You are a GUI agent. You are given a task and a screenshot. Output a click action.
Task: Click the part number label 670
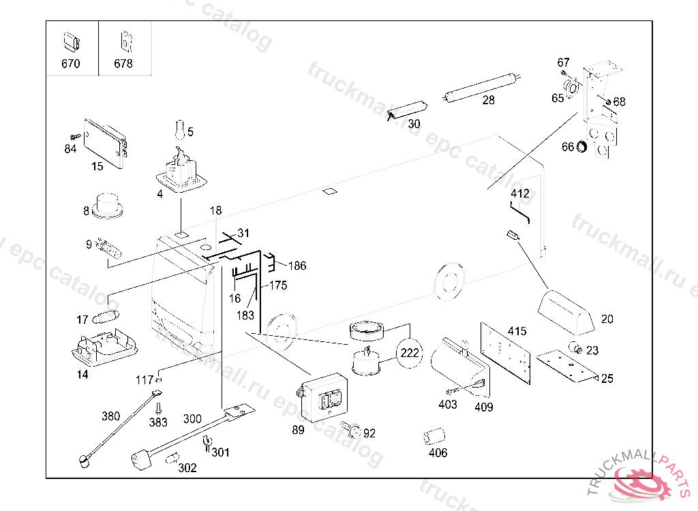coord(70,64)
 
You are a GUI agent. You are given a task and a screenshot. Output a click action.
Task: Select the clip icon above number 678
coord(125,40)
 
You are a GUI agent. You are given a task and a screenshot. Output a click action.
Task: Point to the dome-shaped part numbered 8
coord(106,205)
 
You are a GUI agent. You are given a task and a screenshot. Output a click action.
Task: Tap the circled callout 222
coord(410,354)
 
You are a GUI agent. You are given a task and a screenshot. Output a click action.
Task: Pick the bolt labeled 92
coord(353,430)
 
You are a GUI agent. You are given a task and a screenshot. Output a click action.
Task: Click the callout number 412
coord(519,193)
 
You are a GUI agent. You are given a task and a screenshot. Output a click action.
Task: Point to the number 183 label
coord(245,315)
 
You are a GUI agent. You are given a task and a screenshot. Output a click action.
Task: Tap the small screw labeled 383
coord(158,408)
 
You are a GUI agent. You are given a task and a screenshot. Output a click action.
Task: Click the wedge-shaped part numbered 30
coord(407,109)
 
